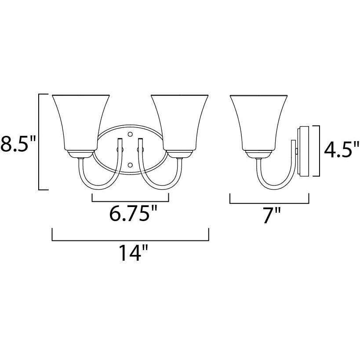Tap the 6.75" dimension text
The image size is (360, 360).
click(x=133, y=214)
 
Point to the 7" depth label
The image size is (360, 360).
click(x=272, y=215)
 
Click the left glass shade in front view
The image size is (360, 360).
click(x=81, y=123)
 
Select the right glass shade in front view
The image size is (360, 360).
click(x=179, y=123)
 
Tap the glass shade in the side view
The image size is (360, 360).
click(x=258, y=123)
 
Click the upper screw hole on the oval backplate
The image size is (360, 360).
click(x=130, y=134)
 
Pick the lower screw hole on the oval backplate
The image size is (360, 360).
click(x=130, y=165)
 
